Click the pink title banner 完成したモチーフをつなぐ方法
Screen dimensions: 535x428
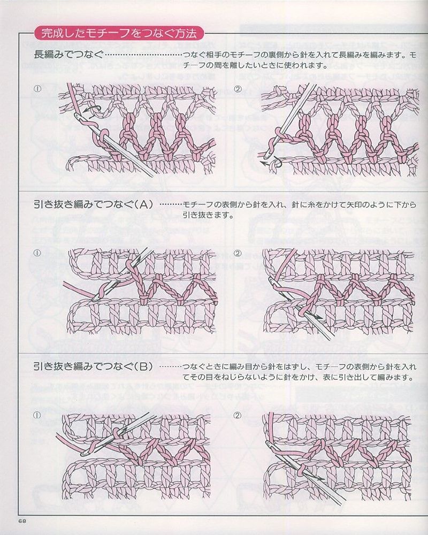coord(119,34)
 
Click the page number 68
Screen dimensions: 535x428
coord(22,522)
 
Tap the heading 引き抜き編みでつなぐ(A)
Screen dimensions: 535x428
coord(94,204)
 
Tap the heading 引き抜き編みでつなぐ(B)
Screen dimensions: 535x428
coord(94,366)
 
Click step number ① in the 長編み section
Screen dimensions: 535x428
coord(37,89)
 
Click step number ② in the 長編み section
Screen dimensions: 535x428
coord(238,89)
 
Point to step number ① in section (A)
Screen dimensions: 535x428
coord(37,253)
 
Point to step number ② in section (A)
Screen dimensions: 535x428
coord(238,253)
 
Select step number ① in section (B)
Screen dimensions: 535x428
coord(37,415)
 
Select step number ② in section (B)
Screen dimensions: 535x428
coord(238,415)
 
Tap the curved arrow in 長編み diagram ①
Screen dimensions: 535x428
coord(94,111)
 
